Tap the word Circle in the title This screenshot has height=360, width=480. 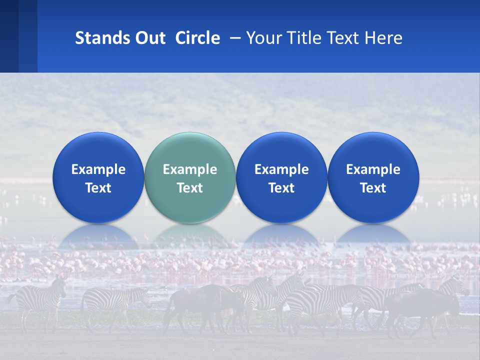[197, 38]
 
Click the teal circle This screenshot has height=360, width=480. [190, 178]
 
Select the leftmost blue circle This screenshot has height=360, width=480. [98, 178]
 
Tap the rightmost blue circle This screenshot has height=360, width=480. [373, 178]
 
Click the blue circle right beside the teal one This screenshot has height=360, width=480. [281, 178]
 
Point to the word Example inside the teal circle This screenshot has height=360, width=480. [190, 169]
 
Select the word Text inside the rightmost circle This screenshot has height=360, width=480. [373, 188]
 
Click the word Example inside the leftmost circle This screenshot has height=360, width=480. [98, 169]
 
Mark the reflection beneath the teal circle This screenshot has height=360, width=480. [190, 236]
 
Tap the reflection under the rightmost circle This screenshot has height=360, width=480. [373, 236]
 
